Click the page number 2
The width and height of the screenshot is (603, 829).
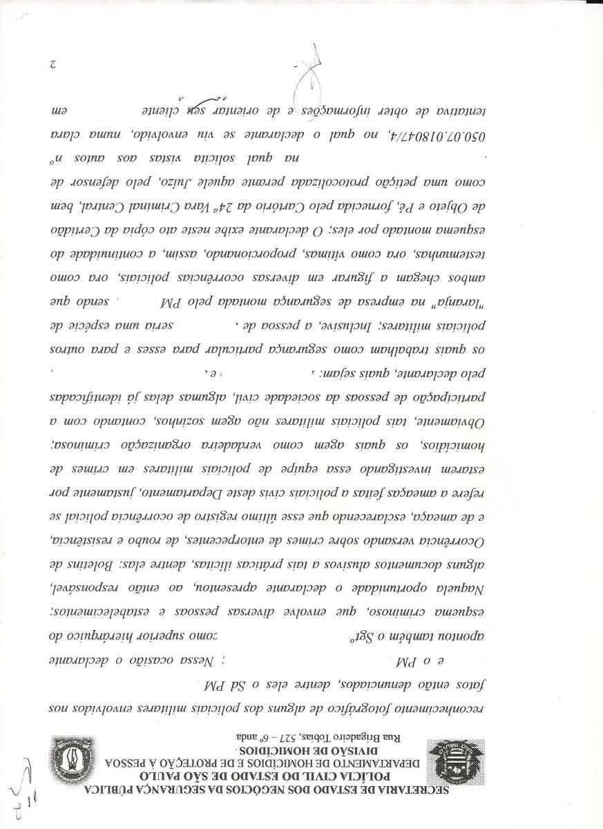52,65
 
